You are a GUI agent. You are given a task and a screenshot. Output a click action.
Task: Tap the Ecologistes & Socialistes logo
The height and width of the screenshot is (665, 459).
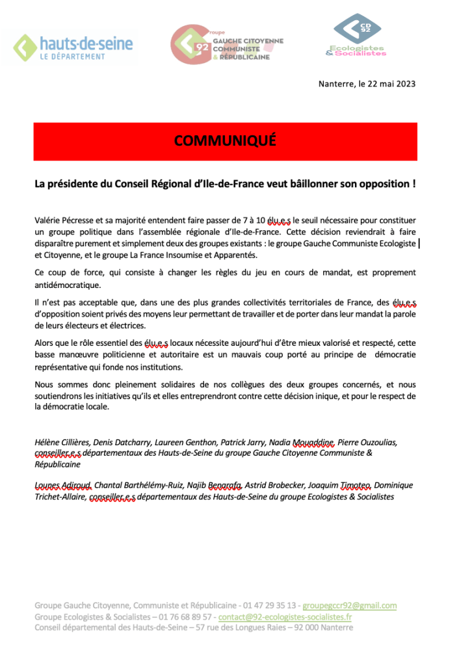click(x=357, y=35)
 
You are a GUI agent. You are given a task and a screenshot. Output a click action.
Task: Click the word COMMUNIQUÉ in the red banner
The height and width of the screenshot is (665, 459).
click(x=225, y=140)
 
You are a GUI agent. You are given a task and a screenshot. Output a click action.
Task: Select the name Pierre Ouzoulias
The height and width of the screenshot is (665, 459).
click(x=367, y=443)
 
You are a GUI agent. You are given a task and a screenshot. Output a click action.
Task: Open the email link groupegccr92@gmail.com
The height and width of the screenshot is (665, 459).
click(x=349, y=606)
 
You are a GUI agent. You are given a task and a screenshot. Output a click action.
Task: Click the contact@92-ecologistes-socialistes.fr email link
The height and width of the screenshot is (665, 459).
click(x=285, y=617)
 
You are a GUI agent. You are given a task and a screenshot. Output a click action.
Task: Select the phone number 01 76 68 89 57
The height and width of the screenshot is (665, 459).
click(x=183, y=617)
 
